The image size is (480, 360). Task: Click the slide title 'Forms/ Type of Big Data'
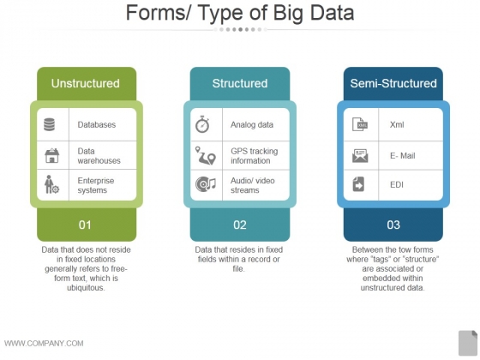point(240,14)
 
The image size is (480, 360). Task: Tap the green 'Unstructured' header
point(86,83)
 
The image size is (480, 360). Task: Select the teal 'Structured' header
point(240,83)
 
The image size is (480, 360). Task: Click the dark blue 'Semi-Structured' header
point(393,83)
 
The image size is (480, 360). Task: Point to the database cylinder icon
point(49,124)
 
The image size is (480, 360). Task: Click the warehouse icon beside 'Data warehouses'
point(51,155)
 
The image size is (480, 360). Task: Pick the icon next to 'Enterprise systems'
point(51,185)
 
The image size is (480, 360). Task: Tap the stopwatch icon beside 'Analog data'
point(203,124)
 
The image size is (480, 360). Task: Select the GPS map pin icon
point(205,155)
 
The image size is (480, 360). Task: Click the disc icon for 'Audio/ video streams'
point(205,185)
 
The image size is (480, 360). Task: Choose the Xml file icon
point(360,124)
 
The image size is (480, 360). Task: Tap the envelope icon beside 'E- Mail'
point(360,155)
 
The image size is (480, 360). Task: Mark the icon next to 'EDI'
point(359,184)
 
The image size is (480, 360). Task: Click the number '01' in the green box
point(85,225)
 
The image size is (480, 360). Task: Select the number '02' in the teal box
point(240,225)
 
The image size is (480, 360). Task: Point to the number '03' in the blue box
point(393,225)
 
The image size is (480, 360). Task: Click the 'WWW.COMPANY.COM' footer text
point(44,343)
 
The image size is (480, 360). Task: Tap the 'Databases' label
point(96,124)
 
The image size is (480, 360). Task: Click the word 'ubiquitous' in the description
point(86,288)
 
